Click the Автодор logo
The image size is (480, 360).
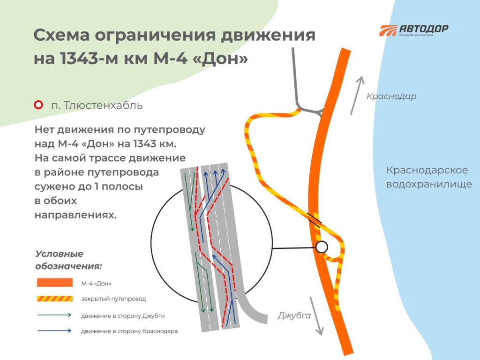pyautogui.click(x=413, y=30)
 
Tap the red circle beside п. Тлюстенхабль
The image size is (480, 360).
pyautogui.click(x=38, y=105)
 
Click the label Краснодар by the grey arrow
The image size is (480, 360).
pyautogui.click(x=391, y=96)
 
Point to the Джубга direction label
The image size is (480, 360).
pyautogui.click(x=294, y=315)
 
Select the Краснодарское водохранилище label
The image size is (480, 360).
pyautogui.click(x=429, y=177)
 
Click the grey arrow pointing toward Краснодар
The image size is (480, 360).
pyautogui.click(x=357, y=95)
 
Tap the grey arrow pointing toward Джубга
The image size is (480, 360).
pyautogui.click(x=316, y=315)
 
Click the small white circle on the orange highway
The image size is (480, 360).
pyautogui.click(x=322, y=247)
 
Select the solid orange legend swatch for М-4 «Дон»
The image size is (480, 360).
pyautogui.click(x=55, y=282)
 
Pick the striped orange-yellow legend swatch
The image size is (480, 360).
pyautogui.click(x=55, y=299)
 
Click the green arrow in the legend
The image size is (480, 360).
pyautogui.click(x=54, y=315)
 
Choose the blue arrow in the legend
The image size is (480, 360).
pyautogui.click(x=54, y=330)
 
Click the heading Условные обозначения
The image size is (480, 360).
pyautogui.click(x=68, y=260)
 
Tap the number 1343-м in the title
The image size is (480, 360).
pyautogui.click(x=89, y=58)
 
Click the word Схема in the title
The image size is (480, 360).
pyautogui.click(x=61, y=35)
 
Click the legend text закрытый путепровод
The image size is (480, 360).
pyautogui.click(x=113, y=299)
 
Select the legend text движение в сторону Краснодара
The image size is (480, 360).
pyautogui.click(x=129, y=331)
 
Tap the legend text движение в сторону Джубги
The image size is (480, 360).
pyautogui.click(x=123, y=315)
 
